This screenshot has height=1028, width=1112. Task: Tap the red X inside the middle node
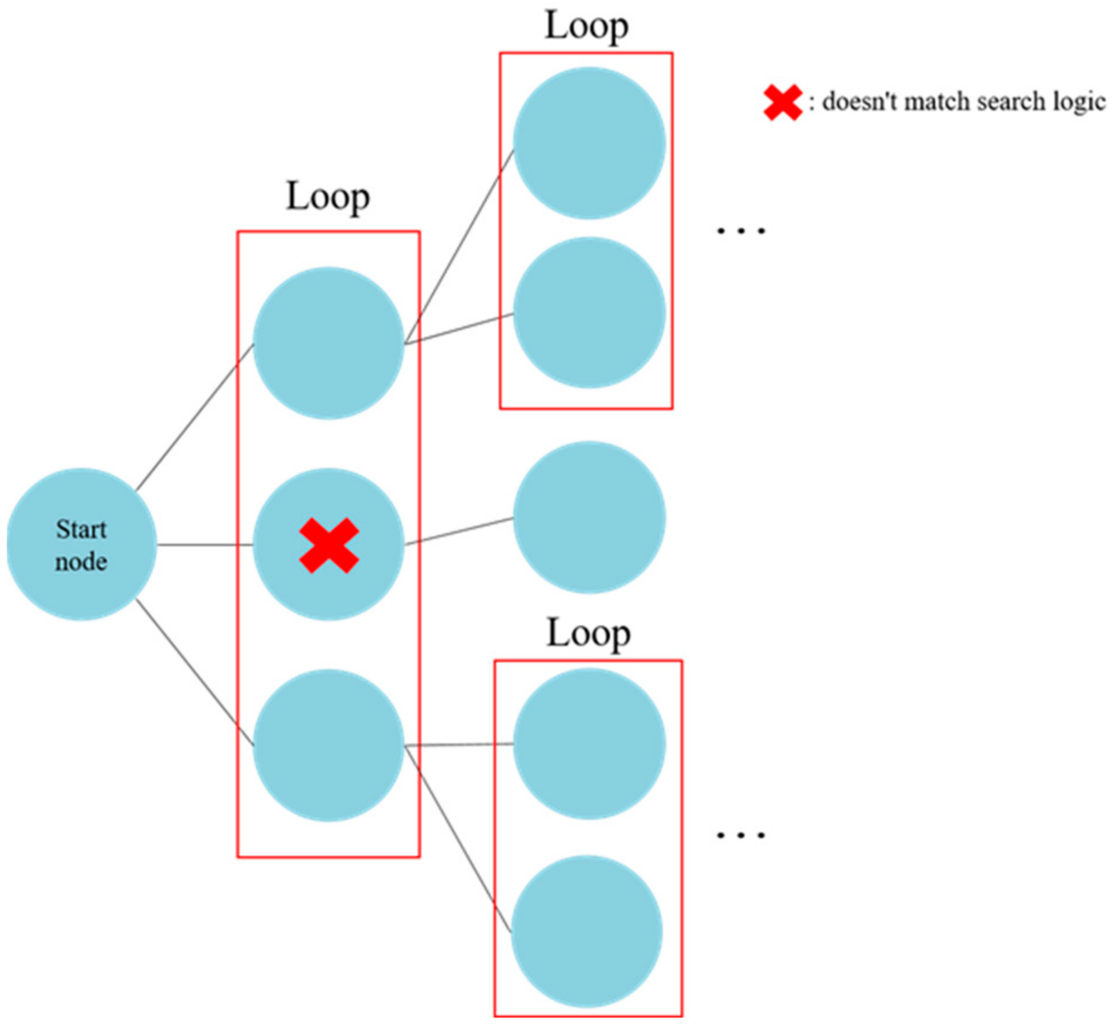pyautogui.click(x=328, y=545)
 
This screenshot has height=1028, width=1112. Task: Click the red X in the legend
pyautogui.click(x=782, y=102)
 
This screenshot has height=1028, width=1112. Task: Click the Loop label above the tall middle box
pyautogui.click(x=328, y=197)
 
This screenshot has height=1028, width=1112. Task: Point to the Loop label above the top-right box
pyautogui.click(x=586, y=26)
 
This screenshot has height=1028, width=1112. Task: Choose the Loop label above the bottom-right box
pyautogui.click(x=588, y=633)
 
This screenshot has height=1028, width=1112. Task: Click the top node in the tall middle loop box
pyautogui.click(x=328, y=343)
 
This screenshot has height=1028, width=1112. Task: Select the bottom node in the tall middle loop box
pyautogui.click(x=328, y=745)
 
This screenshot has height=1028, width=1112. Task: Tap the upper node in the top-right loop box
pyautogui.click(x=589, y=143)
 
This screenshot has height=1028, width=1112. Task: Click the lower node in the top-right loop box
pyautogui.click(x=589, y=313)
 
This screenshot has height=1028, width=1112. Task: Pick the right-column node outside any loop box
pyautogui.click(x=589, y=517)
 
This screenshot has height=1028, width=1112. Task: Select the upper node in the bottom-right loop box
pyautogui.click(x=589, y=744)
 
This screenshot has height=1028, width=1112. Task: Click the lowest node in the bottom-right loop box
pyautogui.click(x=587, y=931)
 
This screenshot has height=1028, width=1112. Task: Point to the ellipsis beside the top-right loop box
pyautogui.click(x=741, y=230)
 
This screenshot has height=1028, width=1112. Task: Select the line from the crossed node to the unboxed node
pyautogui.click(x=459, y=531)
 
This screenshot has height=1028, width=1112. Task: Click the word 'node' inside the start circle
pyautogui.click(x=81, y=562)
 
